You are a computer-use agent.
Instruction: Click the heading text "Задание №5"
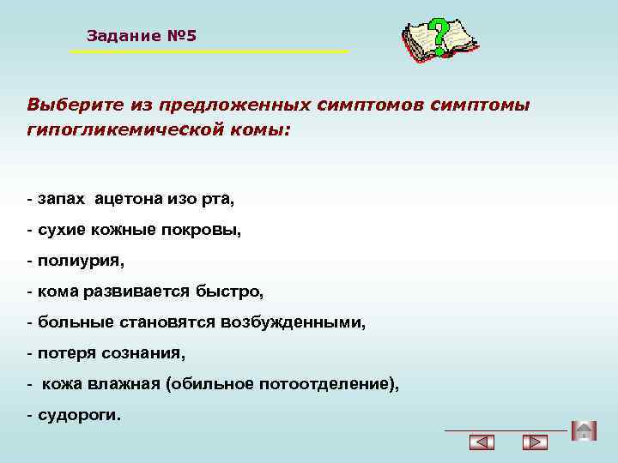pyautogui.click(x=142, y=36)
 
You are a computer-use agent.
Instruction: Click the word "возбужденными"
pyautogui.click(x=305, y=322)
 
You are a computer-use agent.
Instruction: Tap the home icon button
pyautogui.click(x=584, y=430)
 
